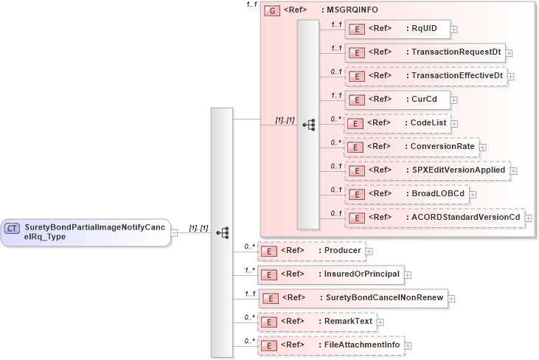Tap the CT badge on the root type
click(12, 229)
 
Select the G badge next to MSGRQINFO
click(272, 11)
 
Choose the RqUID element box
click(397, 29)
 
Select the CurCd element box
click(397, 99)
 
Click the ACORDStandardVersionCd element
click(434, 218)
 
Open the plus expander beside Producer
click(369, 252)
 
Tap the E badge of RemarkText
click(270, 322)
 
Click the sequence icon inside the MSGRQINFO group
click(308, 125)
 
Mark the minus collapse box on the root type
click(175, 232)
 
